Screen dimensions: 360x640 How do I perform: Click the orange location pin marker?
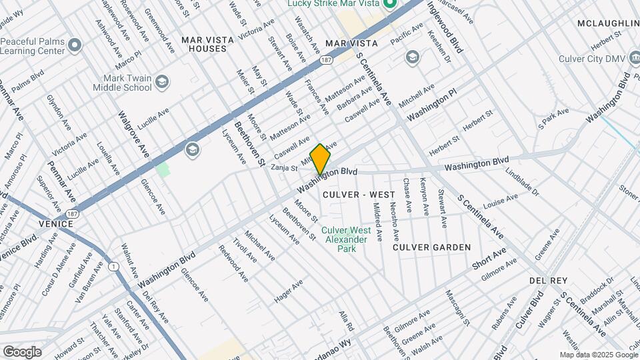click(321, 159)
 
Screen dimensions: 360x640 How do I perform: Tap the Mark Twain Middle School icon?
click(161, 83)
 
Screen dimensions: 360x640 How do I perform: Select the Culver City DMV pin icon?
click(631, 59)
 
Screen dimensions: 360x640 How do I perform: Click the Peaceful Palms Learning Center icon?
click(74, 45)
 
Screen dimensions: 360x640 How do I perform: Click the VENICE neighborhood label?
click(55, 223)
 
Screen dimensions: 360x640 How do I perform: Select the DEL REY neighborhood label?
click(548, 280)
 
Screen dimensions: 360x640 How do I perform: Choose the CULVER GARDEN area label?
click(431, 247)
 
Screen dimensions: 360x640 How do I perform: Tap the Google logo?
click(22, 351)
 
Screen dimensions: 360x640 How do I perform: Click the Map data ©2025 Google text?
click(598, 355)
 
